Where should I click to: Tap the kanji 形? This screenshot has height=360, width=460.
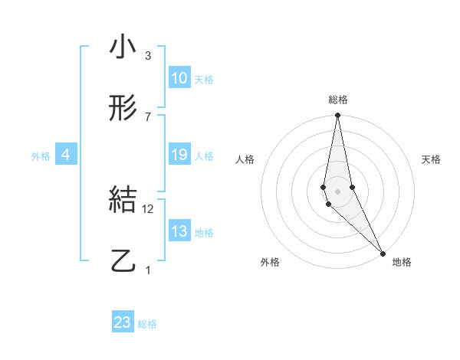[123, 109]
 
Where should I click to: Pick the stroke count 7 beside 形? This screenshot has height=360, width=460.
[147, 116]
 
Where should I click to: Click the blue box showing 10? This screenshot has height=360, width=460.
[179, 78]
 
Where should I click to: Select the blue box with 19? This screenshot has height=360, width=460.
[179, 155]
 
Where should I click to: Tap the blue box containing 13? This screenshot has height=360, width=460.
[179, 232]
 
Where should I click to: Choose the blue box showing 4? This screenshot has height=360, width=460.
[66, 155]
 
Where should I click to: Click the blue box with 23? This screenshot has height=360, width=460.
[123, 322]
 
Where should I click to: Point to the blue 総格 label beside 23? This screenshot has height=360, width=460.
[147, 324]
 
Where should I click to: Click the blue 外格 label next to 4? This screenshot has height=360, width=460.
[41, 156]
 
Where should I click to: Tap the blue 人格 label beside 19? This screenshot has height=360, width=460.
[204, 156]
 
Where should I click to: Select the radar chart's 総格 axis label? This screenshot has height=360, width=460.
[338, 100]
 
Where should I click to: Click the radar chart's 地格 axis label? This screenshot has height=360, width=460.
[402, 263]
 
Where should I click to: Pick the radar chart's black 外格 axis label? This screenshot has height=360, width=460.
[270, 263]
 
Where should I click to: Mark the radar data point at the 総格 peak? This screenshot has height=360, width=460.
[337, 116]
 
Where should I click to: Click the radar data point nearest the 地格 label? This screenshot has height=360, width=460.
[383, 253]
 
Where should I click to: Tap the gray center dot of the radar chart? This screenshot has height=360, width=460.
[337, 191]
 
